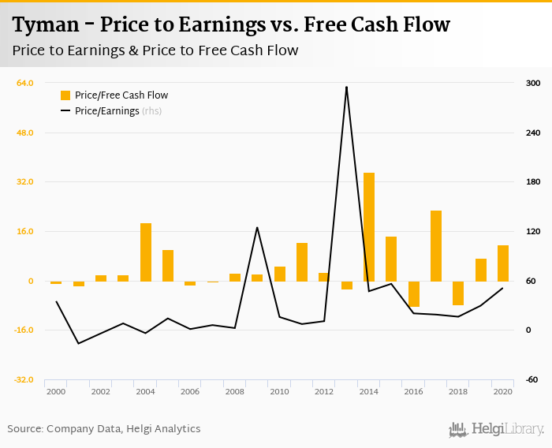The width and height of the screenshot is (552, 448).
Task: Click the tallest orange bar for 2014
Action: (368, 227)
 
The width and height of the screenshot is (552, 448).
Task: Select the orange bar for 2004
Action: (145, 252)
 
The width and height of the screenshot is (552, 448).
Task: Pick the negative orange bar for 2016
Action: (413, 293)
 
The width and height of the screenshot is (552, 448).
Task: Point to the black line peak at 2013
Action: (346, 87)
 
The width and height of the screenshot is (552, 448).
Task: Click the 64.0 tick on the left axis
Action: (25, 83)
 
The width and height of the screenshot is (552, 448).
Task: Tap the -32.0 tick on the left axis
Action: (24, 379)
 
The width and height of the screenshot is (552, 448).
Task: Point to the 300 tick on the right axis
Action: (532, 83)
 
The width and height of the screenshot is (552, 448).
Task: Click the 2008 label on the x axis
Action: (235, 391)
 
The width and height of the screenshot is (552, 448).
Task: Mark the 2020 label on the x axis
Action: (503, 391)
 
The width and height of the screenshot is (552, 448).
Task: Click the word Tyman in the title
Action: (46, 25)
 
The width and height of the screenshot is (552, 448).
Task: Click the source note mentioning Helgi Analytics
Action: (104, 429)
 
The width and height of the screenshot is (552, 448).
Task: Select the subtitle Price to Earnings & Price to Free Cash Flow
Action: (155, 51)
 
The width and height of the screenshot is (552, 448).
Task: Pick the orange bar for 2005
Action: (168, 266)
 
